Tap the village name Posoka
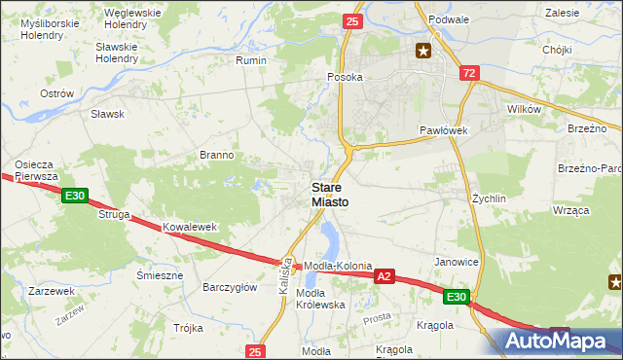click(x=346, y=77)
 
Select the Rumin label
click(x=251, y=60)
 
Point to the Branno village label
click(x=216, y=155)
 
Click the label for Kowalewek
click(x=188, y=227)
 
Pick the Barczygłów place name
click(x=229, y=287)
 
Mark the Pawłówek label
click(x=445, y=130)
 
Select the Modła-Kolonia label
click(x=339, y=266)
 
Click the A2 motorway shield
click(x=385, y=277)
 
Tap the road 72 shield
click(x=469, y=74)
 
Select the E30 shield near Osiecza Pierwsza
click(x=74, y=197)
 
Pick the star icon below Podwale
click(x=423, y=51)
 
